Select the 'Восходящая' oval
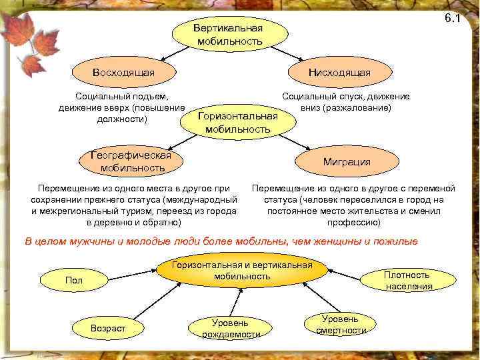click(x=124, y=72)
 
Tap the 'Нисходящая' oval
click(x=339, y=72)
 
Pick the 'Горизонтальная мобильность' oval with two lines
click(x=238, y=123)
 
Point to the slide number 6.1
click(x=453, y=18)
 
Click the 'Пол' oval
click(x=73, y=280)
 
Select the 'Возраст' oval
click(x=108, y=328)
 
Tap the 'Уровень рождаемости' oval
click(x=231, y=328)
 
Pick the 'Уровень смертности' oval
click(x=341, y=325)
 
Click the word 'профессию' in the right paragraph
click(x=355, y=222)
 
